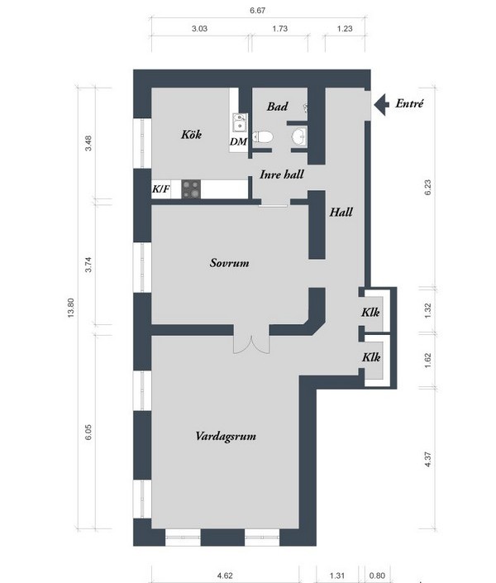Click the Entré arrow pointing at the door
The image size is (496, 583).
point(381,104)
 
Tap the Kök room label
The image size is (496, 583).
point(191,134)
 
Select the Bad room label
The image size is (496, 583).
point(278,107)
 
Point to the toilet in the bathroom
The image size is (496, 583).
point(263,136)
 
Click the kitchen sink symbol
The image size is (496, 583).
point(240,122)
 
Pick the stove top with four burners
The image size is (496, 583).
point(191,189)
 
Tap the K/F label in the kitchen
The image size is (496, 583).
point(161,189)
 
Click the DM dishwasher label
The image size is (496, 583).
point(238,141)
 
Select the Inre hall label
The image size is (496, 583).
point(282,174)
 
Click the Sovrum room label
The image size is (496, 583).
point(230,263)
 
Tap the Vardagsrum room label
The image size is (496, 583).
point(226,436)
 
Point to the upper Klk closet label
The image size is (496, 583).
point(370,312)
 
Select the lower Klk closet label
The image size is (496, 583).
point(371,357)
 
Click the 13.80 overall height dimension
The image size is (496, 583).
point(71,308)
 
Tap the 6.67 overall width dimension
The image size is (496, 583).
point(258,11)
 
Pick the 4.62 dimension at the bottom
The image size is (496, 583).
point(225,576)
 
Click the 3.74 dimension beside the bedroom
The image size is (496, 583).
point(88,265)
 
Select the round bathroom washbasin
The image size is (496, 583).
point(299,136)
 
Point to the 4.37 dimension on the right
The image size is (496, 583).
point(427,460)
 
